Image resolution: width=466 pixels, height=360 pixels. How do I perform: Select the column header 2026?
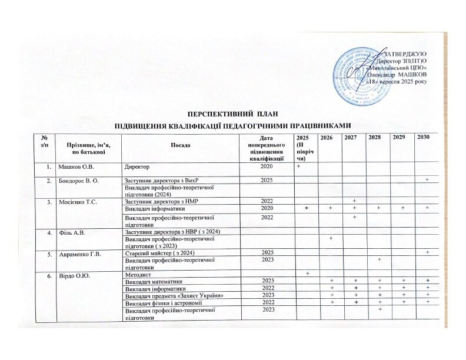(x=327, y=138)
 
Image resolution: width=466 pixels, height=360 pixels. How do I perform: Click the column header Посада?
(x=179, y=145)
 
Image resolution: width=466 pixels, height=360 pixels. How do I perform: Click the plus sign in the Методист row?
(x=307, y=275)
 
